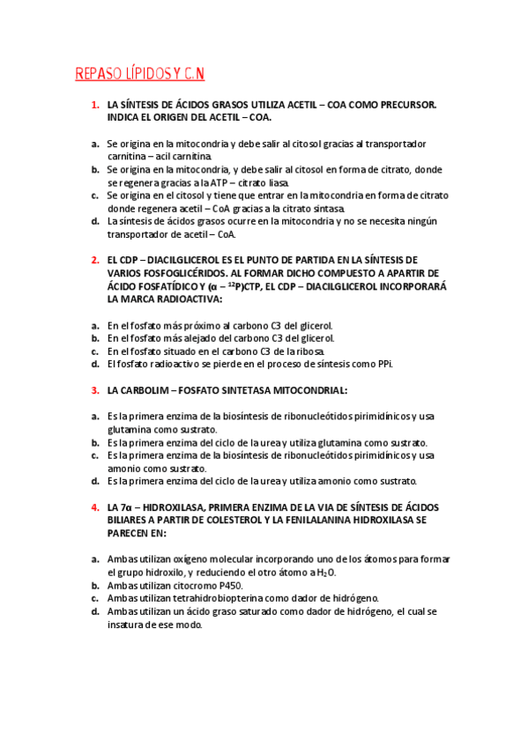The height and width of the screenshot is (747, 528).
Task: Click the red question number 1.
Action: tap(94, 105)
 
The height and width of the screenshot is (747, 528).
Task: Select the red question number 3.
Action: tap(94, 389)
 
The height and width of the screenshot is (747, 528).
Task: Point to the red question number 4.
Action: tap(94, 508)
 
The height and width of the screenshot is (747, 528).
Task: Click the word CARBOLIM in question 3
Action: tap(149, 389)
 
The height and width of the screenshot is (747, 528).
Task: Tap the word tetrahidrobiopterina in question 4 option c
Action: tap(228, 598)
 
